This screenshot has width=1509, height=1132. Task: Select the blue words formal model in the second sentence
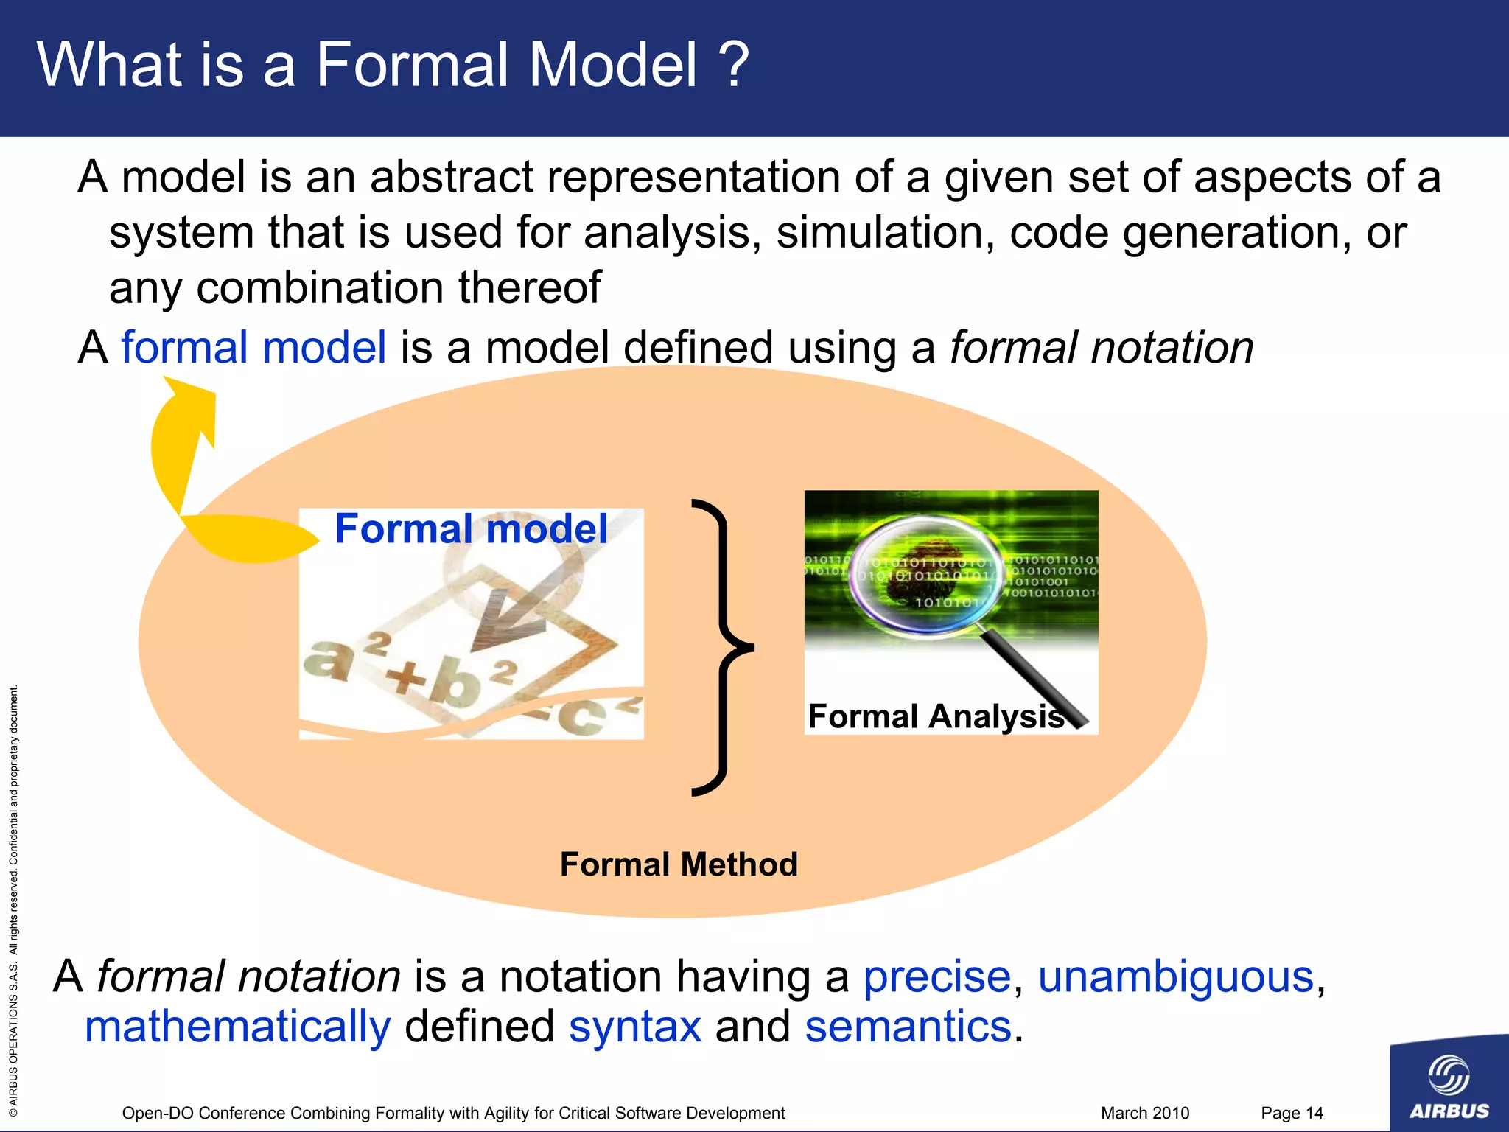click(x=253, y=348)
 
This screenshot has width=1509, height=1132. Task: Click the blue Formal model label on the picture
click(x=472, y=529)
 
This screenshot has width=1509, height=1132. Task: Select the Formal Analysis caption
click(x=936, y=716)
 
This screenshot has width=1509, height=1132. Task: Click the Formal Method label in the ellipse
click(x=679, y=864)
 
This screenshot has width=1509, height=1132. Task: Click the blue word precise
click(x=937, y=977)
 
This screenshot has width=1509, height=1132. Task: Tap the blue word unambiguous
click(x=1176, y=977)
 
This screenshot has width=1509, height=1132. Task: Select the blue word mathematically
click(x=237, y=1027)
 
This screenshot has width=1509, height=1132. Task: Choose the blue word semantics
click(x=908, y=1027)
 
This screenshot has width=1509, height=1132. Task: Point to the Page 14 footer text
click(x=1292, y=1113)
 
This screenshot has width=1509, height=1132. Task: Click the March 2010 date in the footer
click(x=1145, y=1113)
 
